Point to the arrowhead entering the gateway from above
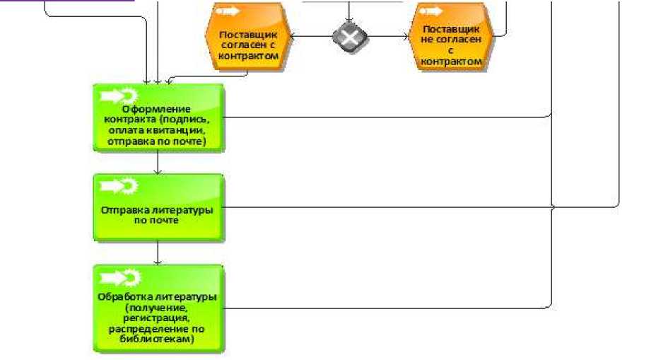(348, 18)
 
